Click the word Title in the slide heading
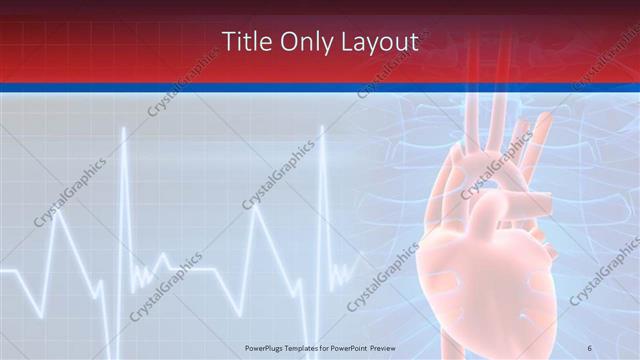click(243, 42)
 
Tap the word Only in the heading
click(302, 42)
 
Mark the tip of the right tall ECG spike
click(322, 127)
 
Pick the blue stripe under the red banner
click(320, 89)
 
